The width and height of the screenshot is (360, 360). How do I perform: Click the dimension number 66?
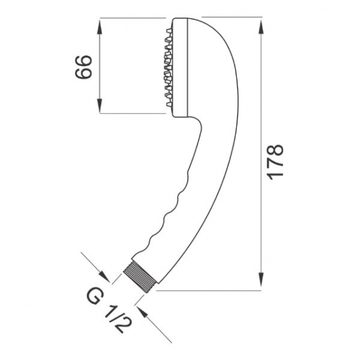(83, 67)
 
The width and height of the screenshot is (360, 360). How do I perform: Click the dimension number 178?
(275, 162)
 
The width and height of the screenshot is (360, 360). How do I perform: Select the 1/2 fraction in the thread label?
(119, 318)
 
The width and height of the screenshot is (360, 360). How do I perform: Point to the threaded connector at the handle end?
(140, 277)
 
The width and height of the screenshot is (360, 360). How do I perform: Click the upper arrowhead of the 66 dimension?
(99, 26)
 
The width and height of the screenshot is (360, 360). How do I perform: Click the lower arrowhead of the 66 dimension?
(99, 106)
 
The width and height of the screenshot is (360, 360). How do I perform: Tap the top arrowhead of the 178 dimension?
(261, 28)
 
